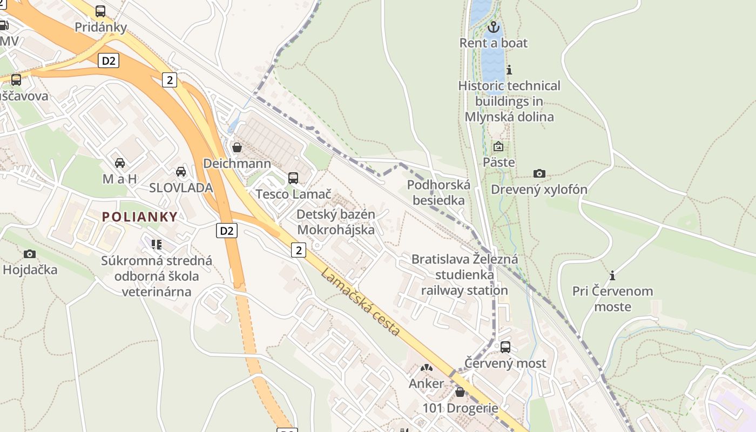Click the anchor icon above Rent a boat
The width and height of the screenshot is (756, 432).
[x=493, y=27]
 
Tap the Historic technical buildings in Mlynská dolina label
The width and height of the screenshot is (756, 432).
[x=509, y=101]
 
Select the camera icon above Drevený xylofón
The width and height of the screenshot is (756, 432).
[x=539, y=173]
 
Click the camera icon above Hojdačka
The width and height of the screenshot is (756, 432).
[x=30, y=254]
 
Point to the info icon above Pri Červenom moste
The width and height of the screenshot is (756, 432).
[x=612, y=275]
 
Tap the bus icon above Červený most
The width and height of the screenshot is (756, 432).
[x=505, y=347]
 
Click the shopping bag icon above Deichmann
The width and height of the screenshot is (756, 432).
[x=237, y=147]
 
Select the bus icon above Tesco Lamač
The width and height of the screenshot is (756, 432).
[x=293, y=178]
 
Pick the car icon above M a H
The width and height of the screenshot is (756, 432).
[x=120, y=163]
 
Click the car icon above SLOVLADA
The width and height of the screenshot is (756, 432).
[x=181, y=172]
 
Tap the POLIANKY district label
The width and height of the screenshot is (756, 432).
[x=140, y=217]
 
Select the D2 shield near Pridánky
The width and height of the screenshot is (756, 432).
[x=109, y=60]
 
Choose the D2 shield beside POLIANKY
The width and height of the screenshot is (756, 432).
[x=227, y=231]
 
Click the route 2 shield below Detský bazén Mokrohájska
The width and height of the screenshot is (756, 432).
[x=298, y=249]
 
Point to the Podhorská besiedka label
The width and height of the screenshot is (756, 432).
[x=438, y=192]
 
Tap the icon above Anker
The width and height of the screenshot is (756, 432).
[x=426, y=368]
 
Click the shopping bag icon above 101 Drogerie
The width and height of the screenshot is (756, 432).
[x=460, y=392]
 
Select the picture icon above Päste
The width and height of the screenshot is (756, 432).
[x=498, y=146]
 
